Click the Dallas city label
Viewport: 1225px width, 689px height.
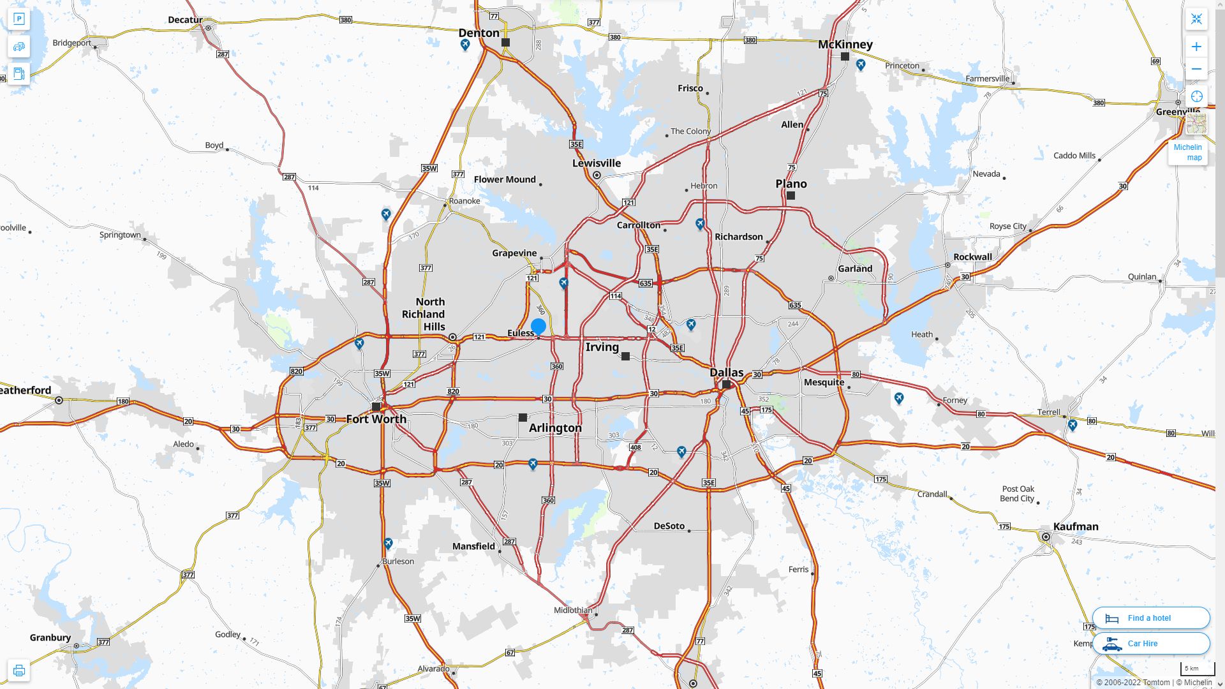726,373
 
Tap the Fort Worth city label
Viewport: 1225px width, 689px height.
376,419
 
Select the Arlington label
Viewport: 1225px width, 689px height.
555,428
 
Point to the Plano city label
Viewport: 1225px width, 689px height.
791,184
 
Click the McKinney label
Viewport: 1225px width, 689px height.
845,44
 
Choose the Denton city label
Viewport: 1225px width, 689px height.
479,33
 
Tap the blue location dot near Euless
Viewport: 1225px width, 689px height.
538,327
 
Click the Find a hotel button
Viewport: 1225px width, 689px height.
1150,618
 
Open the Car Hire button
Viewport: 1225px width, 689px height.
1150,644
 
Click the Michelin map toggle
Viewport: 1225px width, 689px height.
1188,152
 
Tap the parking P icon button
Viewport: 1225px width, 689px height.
19,19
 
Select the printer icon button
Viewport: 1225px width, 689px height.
19,670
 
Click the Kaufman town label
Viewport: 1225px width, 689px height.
1076,527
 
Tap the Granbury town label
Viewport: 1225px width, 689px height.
50,637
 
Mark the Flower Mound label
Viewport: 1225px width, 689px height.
505,180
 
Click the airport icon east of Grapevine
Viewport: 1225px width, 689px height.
563,283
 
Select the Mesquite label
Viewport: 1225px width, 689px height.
824,382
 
